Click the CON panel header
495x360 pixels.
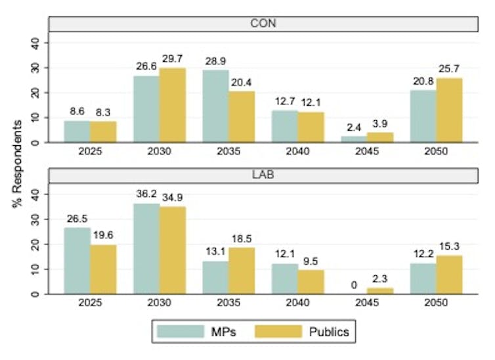(x=263, y=23)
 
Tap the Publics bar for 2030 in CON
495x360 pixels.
(x=173, y=105)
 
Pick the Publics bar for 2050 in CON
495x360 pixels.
(x=449, y=110)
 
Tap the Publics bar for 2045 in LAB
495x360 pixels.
(x=379, y=291)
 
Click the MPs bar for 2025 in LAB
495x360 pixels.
(x=77, y=261)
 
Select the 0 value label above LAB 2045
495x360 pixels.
(x=354, y=284)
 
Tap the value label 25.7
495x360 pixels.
(x=450, y=69)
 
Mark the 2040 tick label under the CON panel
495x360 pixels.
(x=298, y=150)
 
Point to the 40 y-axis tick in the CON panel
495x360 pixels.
(x=36, y=42)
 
